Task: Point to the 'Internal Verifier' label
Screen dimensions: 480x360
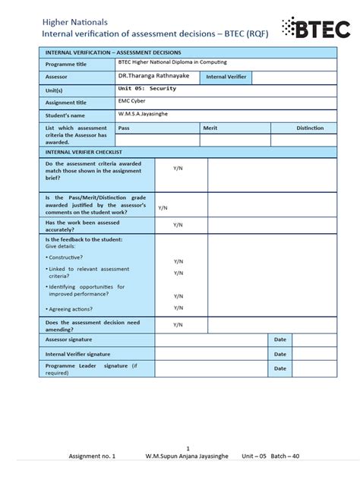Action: (x=226, y=77)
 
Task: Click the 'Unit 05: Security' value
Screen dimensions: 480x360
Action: (x=147, y=89)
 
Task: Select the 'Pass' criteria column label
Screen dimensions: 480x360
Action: (x=124, y=128)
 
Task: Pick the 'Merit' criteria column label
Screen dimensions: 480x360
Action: (x=210, y=128)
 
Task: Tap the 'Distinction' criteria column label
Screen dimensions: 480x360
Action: (x=310, y=128)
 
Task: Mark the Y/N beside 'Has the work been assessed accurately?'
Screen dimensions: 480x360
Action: (x=178, y=225)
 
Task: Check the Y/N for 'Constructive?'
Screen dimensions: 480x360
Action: (x=178, y=261)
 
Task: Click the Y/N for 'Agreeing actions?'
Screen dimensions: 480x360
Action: (x=178, y=308)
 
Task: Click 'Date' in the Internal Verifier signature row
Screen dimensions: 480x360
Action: (x=280, y=354)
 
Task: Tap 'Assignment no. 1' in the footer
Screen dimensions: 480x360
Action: (x=92, y=456)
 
